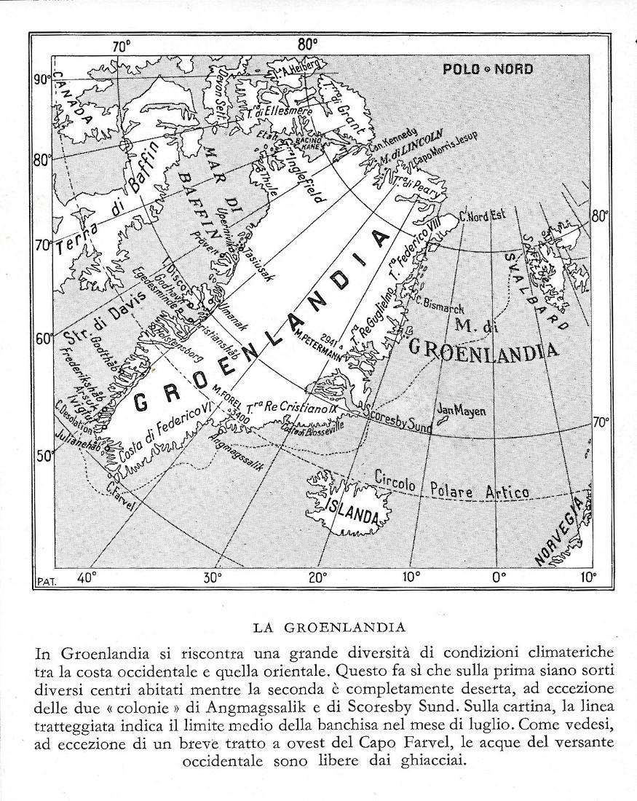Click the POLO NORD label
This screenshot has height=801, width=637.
(x=488, y=69)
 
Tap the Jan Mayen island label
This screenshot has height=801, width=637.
(x=460, y=411)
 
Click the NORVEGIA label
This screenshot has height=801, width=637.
(x=560, y=532)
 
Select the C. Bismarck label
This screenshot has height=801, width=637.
(x=439, y=304)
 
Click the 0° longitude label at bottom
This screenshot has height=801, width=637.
(x=498, y=577)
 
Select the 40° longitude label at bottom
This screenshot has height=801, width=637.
(x=87, y=577)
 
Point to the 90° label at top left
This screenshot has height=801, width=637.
(x=41, y=79)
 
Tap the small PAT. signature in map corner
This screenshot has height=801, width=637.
(x=45, y=581)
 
